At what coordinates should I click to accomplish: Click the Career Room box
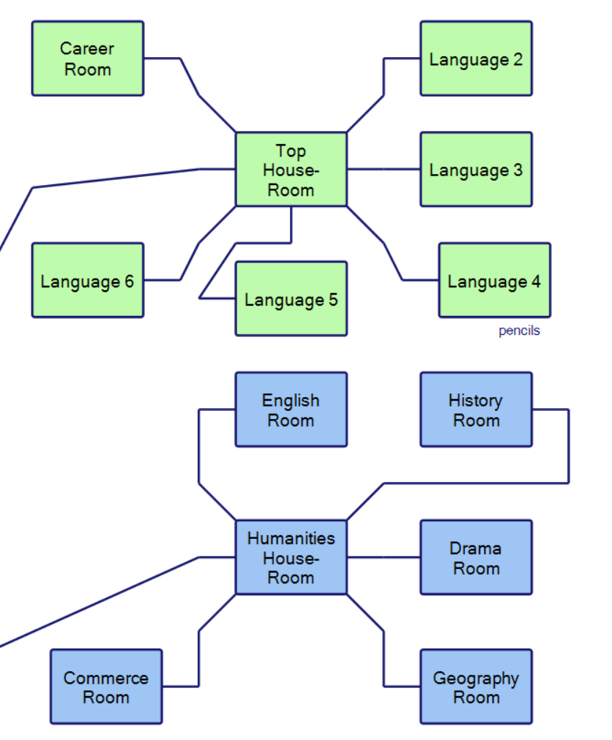pyautogui.click(x=88, y=58)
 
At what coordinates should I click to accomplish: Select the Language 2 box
pyautogui.click(x=476, y=58)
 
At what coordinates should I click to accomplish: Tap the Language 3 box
pyautogui.click(x=476, y=170)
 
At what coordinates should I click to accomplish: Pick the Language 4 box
pyautogui.click(x=494, y=281)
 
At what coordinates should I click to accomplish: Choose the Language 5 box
pyautogui.click(x=291, y=299)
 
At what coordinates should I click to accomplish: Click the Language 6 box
pyautogui.click(x=88, y=281)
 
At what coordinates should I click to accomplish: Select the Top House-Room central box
pyautogui.click(x=291, y=170)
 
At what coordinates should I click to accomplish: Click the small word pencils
pyautogui.click(x=519, y=331)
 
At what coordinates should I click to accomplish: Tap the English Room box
pyautogui.click(x=291, y=409)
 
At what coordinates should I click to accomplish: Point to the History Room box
pyautogui.click(x=476, y=409)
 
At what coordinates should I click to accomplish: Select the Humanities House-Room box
pyautogui.click(x=291, y=557)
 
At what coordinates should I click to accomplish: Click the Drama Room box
pyautogui.click(x=476, y=557)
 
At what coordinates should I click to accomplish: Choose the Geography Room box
pyautogui.click(x=476, y=687)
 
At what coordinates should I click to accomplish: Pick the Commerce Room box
pyautogui.click(x=106, y=687)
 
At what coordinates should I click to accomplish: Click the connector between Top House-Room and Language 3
pyautogui.click(x=384, y=170)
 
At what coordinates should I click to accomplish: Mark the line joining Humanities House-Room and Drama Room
pyautogui.click(x=384, y=557)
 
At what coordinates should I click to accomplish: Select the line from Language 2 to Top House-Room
pyautogui.click(x=384, y=78)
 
